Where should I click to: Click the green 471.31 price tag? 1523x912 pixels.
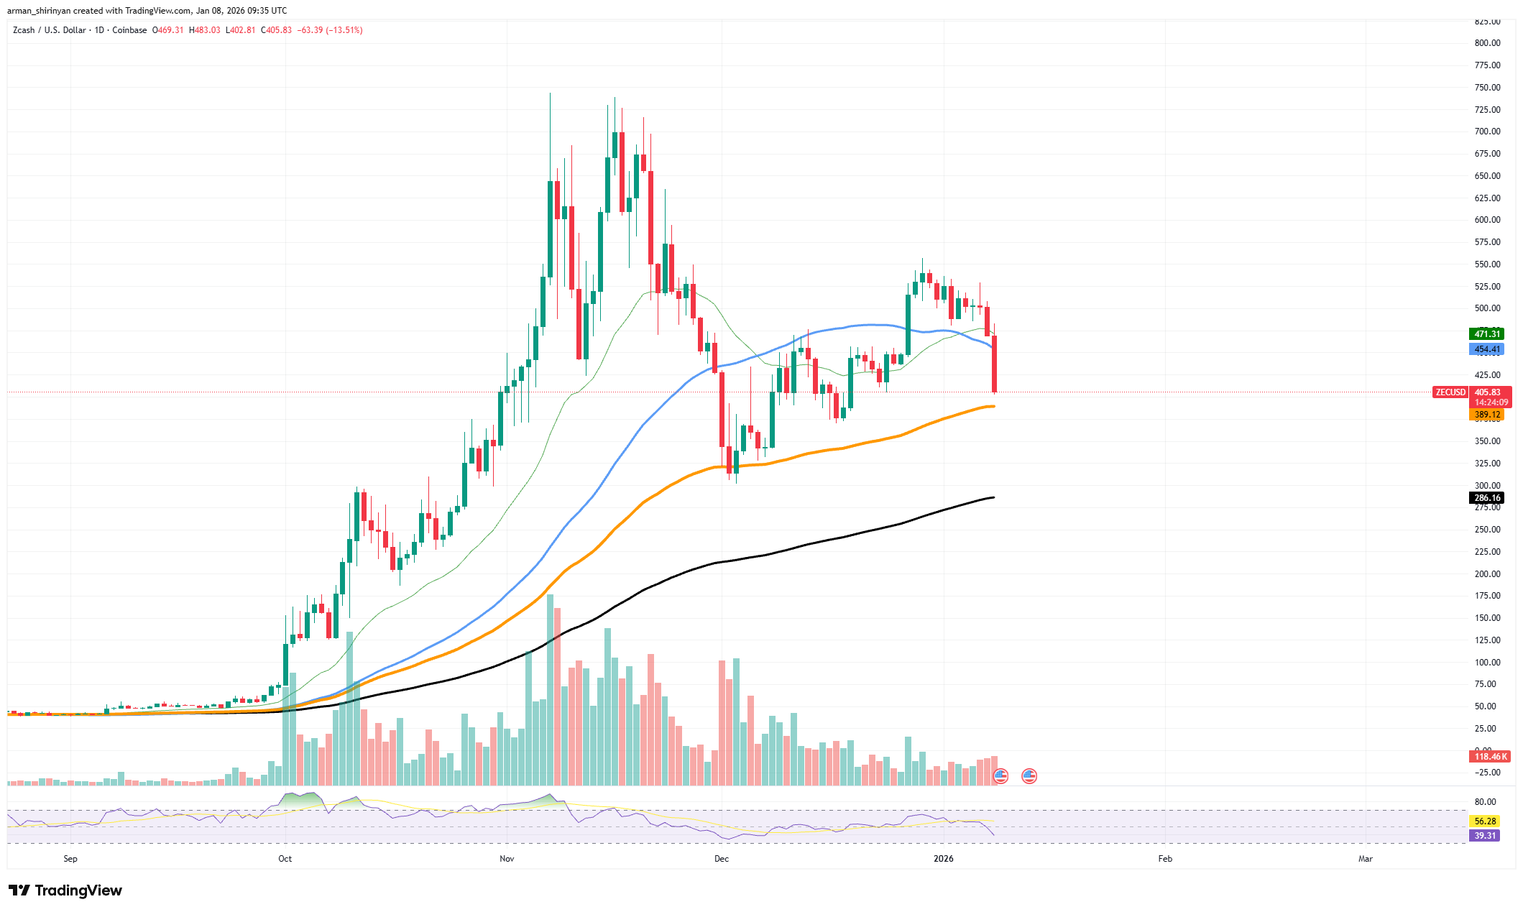click(1486, 333)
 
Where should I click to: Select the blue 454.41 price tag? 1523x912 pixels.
click(1486, 349)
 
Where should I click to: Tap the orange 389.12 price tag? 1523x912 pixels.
click(1486, 415)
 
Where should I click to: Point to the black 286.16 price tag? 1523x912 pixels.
click(1486, 497)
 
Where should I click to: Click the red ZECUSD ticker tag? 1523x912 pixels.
click(1450, 392)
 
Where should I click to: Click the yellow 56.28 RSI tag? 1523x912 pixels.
click(1484, 821)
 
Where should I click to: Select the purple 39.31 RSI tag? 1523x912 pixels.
click(1484, 835)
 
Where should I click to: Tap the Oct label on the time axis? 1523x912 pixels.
click(285, 859)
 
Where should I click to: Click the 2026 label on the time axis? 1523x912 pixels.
click(943, 859)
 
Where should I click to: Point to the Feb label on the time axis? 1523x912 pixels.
click(1165, 859)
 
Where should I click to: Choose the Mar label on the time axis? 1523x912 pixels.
click(1365, 859)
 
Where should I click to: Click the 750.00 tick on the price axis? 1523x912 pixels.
click(1487, 88)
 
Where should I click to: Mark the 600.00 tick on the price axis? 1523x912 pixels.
click(1487, 220)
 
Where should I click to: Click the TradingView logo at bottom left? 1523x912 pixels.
click(65, 890)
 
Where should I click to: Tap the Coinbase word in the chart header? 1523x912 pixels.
click(129, 30)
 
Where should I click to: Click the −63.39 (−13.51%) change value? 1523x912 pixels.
click(331, 30)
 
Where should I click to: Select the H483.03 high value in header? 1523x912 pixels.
click(205, 30)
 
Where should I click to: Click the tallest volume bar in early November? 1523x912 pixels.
click(550, 690)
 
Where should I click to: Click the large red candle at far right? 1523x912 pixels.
click(995, 364)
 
